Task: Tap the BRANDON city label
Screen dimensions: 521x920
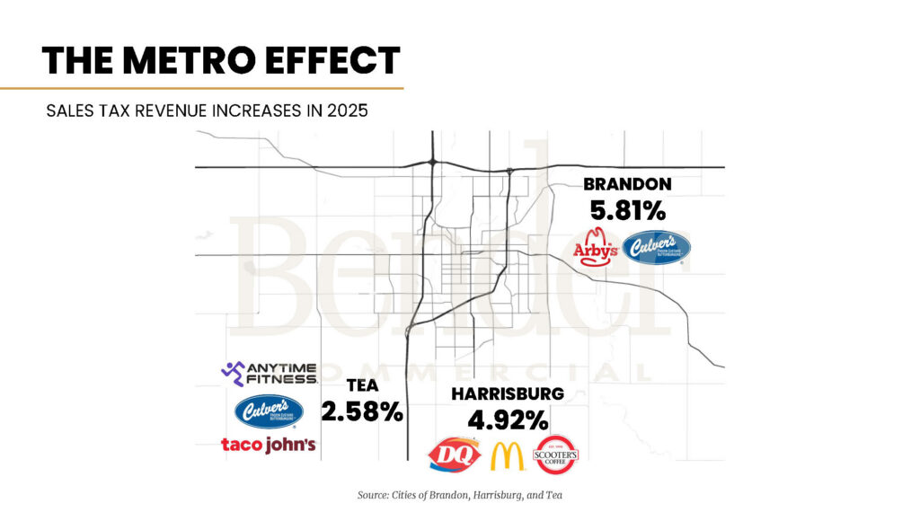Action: [x=627, y=184]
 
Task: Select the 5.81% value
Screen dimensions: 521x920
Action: [x=627, y=211]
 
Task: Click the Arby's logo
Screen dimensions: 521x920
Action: [x=596, y=248]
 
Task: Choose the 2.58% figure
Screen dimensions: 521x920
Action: [x=363, y=412]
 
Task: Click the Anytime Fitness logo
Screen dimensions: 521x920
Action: [x=269, y=373]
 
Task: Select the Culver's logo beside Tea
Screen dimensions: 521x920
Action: [x=269, y=411]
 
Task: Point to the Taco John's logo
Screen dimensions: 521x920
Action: [x=268, y=445]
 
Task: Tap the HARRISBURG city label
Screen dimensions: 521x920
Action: [x=508, y=393]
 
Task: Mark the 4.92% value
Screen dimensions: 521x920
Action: [x=508, y=419]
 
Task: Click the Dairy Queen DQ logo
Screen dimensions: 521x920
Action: [x=454, y=455]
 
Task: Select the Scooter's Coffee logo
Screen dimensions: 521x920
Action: [x=556, y=455]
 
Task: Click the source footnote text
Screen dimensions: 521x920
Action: [x=459, y=495]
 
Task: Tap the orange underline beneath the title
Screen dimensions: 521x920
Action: [x=201, y=88]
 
